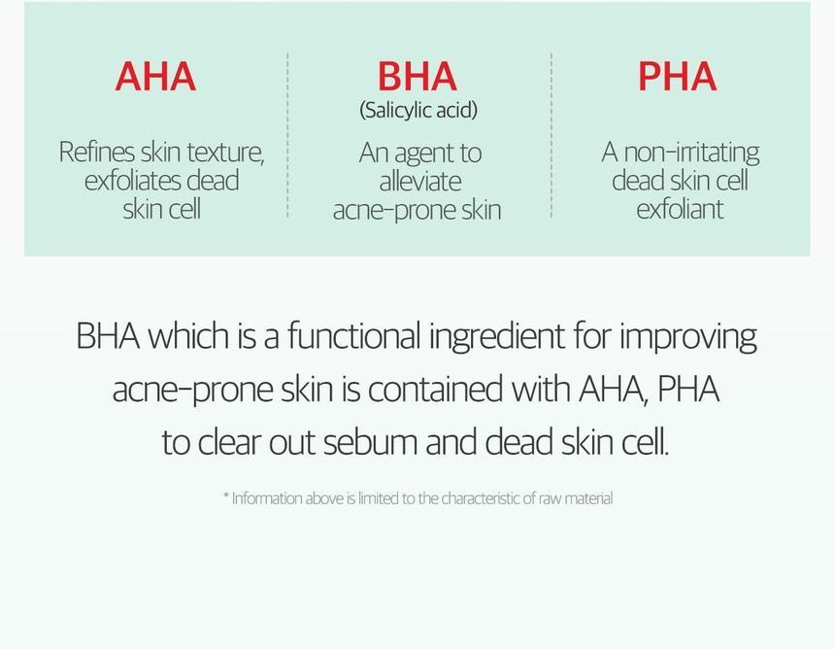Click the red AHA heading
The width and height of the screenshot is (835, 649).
pyautogui.click(x=155, y=76)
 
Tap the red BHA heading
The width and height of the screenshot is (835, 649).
pyautogui.click(x=417, y=76)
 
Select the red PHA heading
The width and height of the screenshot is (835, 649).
pyautogui.click(x=678, y=76)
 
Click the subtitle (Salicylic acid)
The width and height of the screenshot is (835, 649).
pyautogui.click(x=418, y=111)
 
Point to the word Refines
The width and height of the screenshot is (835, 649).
pyautogui.click(x=96, y=152)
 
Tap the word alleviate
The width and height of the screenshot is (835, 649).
pyautogui.click(x=420, y=181)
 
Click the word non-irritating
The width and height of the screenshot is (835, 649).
pyautogui.click(x=691, y=154)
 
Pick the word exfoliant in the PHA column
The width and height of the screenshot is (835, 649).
pyautogui.click(x=680, y=209)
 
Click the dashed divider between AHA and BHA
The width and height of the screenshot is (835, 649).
pyautogui.click(x=287, y=135)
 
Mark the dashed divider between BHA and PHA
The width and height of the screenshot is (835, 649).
pyautogui.click(x=551, y=135)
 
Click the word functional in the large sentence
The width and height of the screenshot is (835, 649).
pyautogui.click(x=354, y=336)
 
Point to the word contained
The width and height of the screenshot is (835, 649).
pyautogui.click(x=435, y=389)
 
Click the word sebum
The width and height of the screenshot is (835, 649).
pyautogui.click(x=370, y=442)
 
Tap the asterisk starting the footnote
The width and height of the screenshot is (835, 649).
pyautogui.click(x=226, y=495)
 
